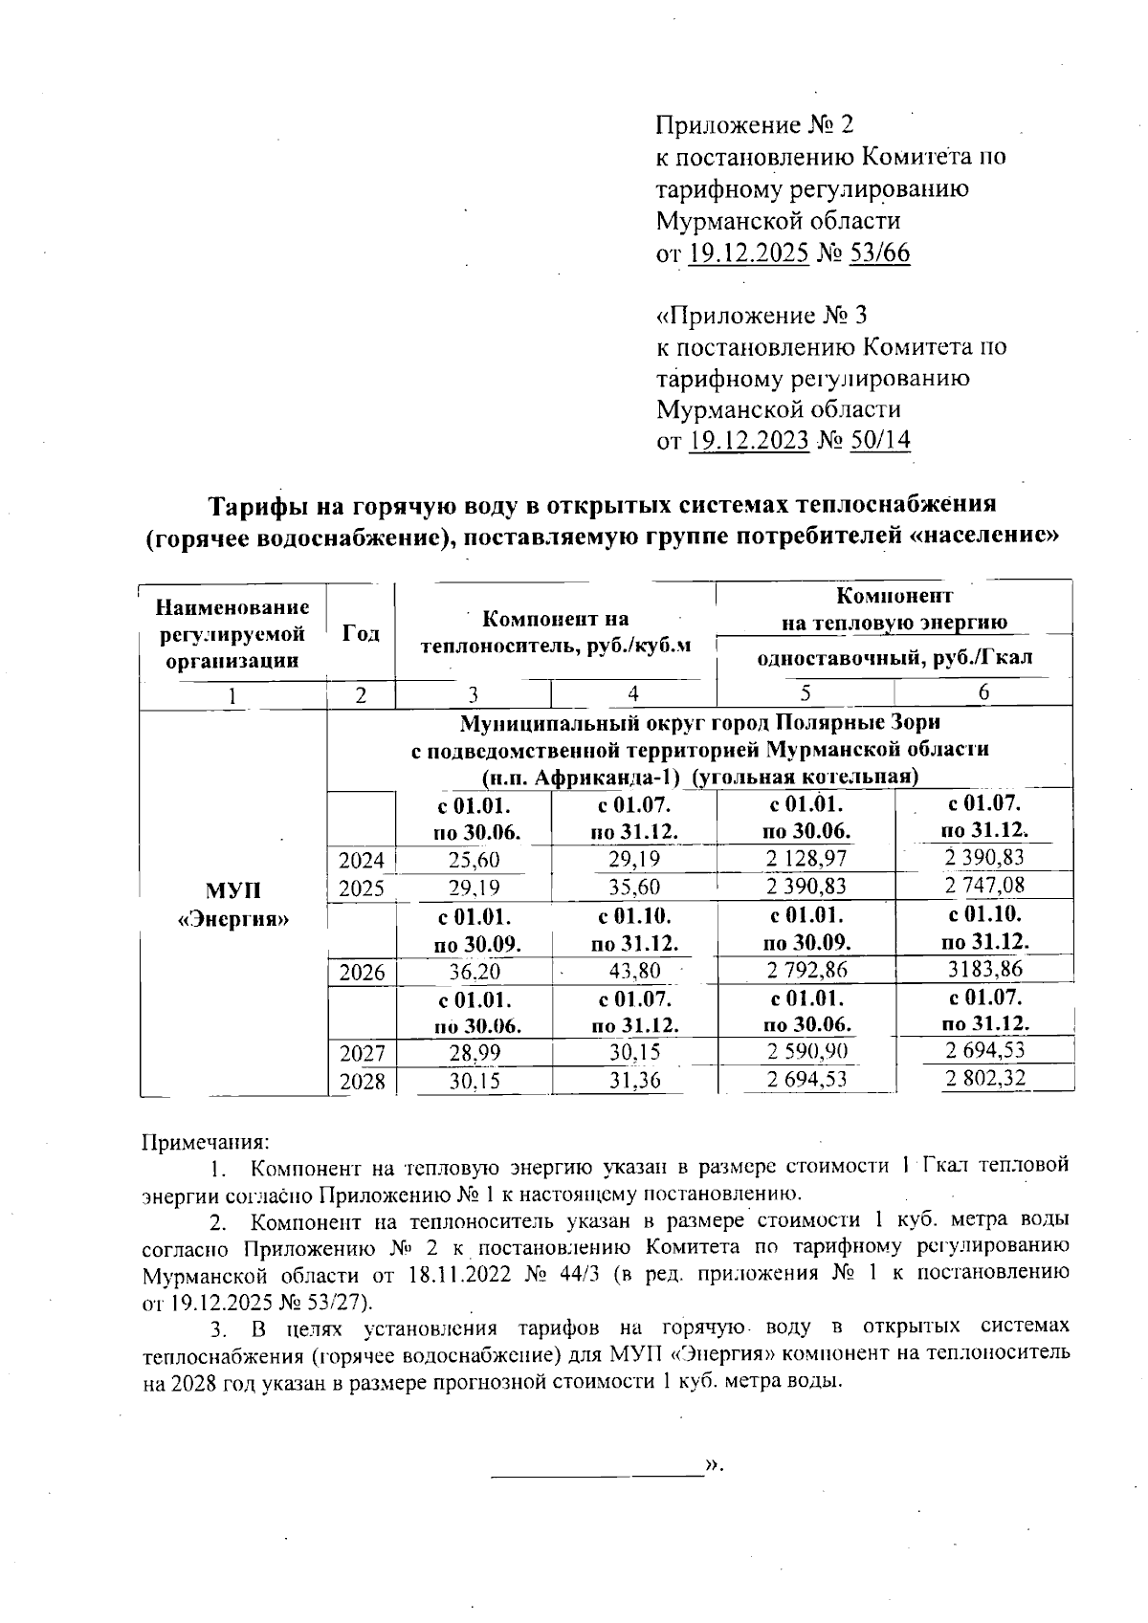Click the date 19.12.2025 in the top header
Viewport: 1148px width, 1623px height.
click(749, 252)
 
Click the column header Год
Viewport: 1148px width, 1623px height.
click(361, 633)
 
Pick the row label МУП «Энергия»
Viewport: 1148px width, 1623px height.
click(234, 905)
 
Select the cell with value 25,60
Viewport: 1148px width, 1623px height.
click(474, 860)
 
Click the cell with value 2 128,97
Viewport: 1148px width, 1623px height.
click(806, 859)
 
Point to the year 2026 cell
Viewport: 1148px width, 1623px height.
click(362, 973)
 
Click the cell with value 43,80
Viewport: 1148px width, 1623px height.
click(633, 971)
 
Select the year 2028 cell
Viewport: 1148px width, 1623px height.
click(362, 1082)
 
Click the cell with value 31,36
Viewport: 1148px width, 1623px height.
click(633, 1081)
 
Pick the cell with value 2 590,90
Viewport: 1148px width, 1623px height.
click(806, 1052)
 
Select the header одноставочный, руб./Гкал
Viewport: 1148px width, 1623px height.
click(894, 658)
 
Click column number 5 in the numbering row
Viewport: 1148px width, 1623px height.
click(806, 692)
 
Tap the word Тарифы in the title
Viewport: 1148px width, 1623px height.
click(257, 504)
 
